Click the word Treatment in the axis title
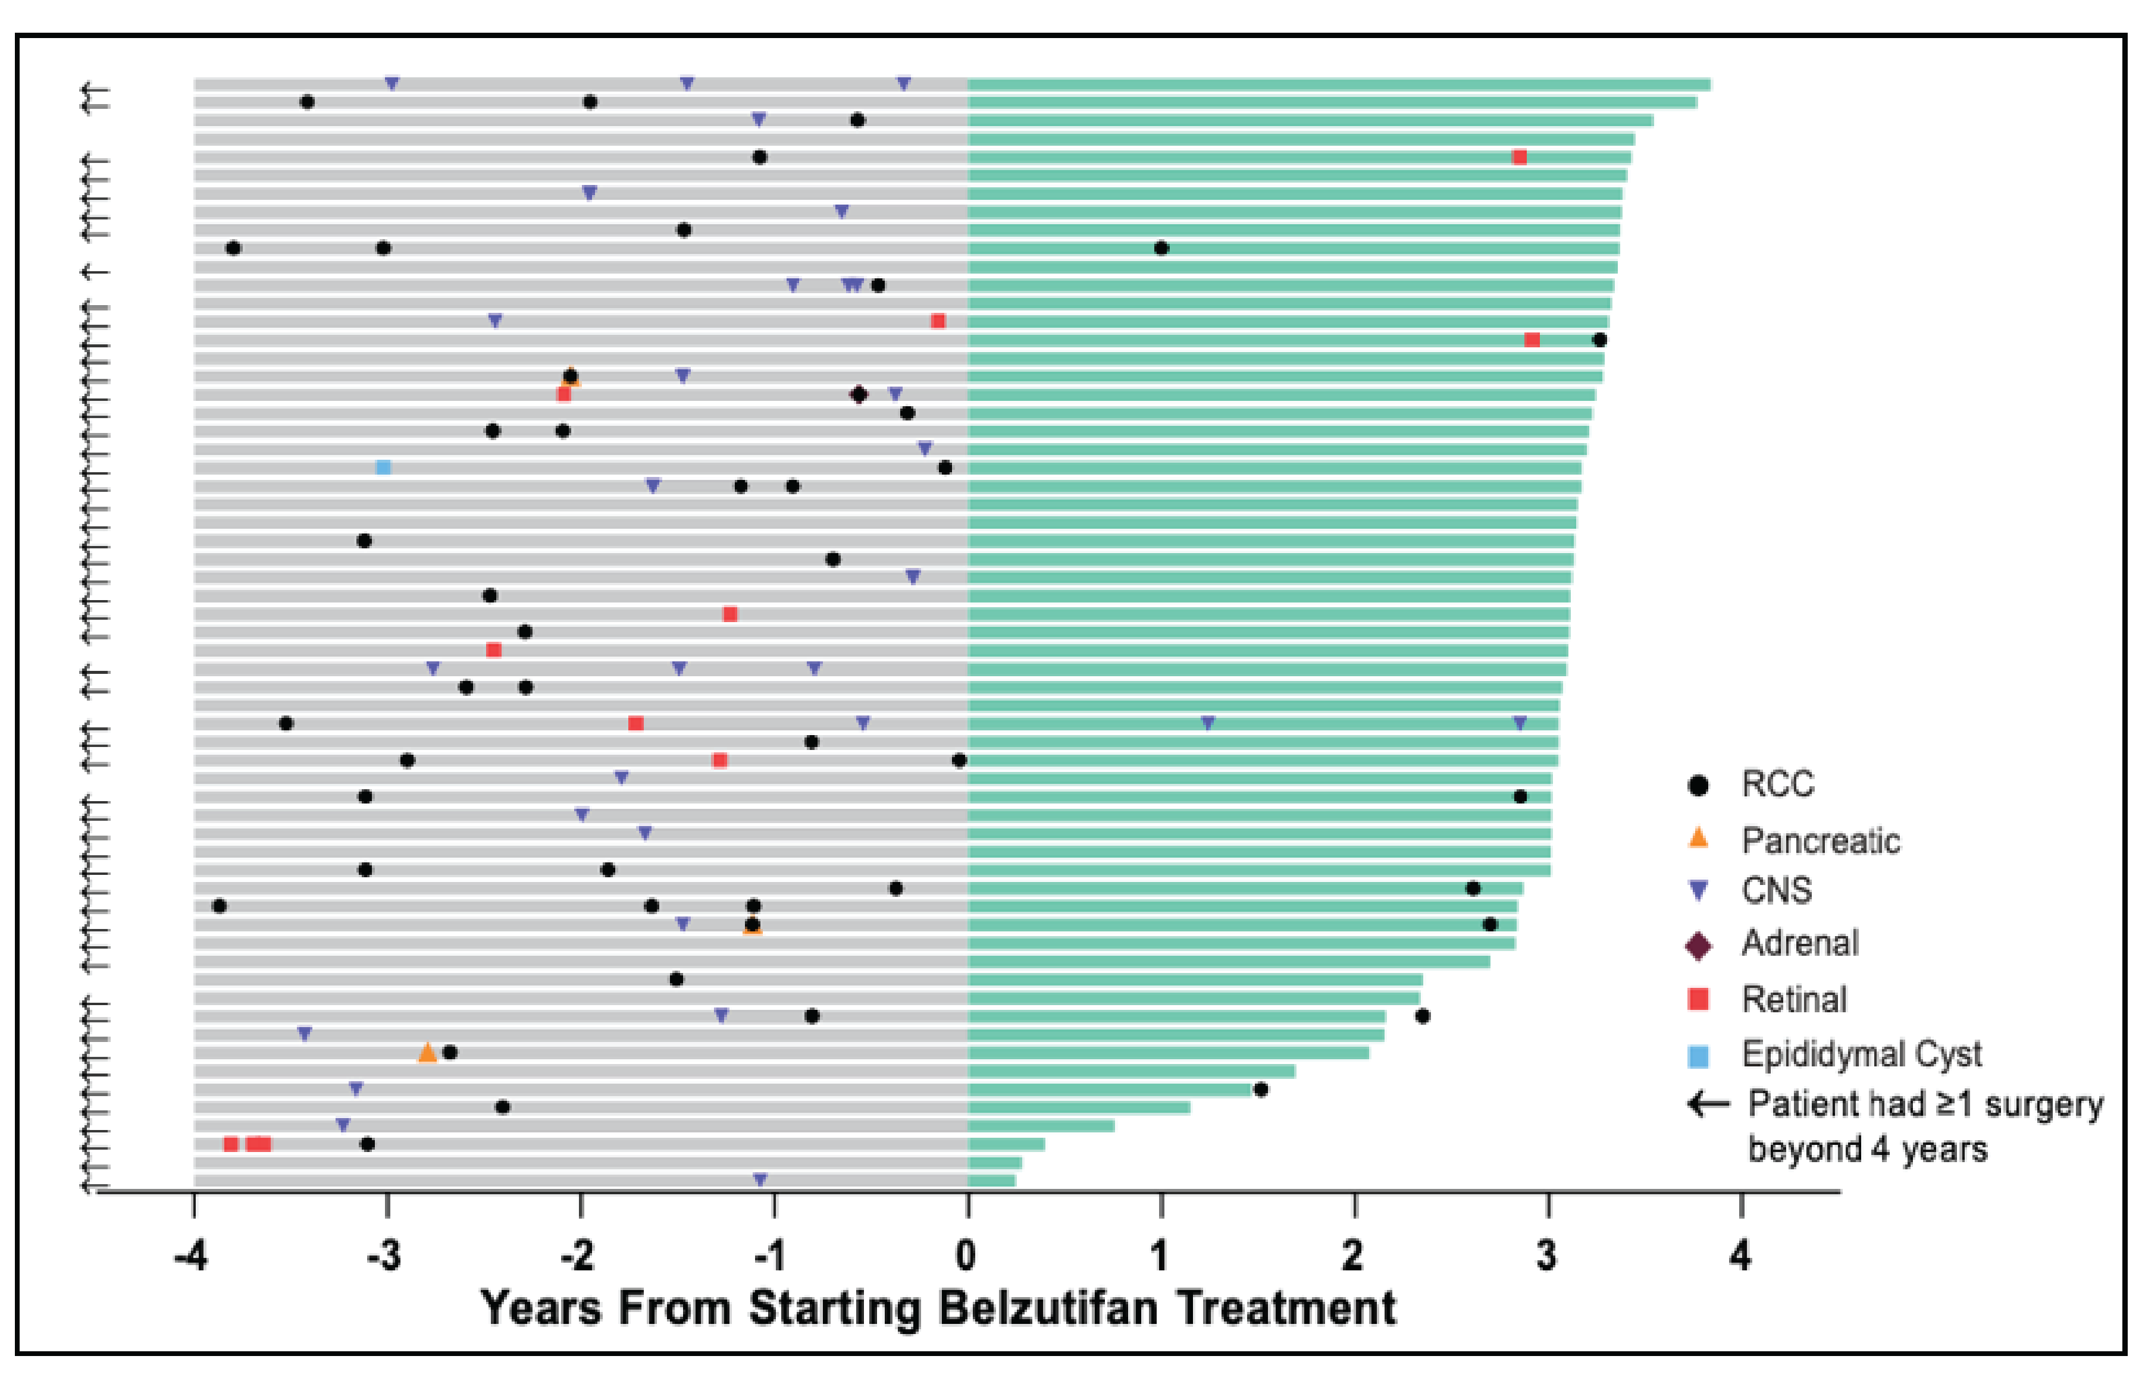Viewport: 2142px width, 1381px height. click(x=1286, y=1308)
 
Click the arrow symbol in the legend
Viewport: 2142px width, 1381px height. click(x=1709, y=1104)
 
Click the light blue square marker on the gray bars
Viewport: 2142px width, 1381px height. click(x=383, y=467)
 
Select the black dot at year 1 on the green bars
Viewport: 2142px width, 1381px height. click(x=1161, y=249)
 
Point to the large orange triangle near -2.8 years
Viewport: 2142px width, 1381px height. click(x=428, y=1052)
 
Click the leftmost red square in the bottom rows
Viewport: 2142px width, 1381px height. click(x=230, y=1144)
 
